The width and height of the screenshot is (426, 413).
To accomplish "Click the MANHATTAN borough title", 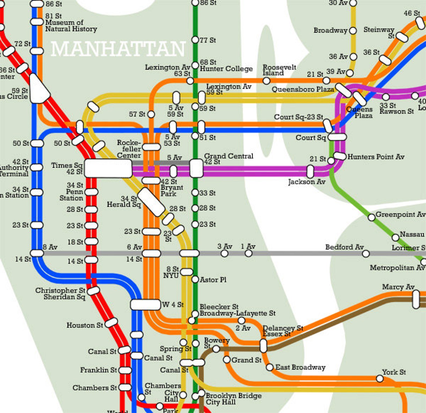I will tap(118, 49).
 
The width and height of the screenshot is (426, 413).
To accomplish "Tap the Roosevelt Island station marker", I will tap(266, 81).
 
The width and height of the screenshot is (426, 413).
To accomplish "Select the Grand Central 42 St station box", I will tap(196, 168).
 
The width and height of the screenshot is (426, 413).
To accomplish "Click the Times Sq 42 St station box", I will tap(108, 168).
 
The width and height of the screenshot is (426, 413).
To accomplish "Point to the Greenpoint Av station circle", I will tap(372, 217).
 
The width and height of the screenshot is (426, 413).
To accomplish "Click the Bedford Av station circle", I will tap(366, 253).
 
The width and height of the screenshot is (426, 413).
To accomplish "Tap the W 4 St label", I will tap(173, 305).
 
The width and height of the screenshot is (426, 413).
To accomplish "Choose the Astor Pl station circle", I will tap(195, 279).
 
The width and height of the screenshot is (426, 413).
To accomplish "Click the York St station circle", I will tap(380, 379).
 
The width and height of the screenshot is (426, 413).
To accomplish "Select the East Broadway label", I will tap(300, 367).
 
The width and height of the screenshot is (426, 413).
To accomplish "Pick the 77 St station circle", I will tap(195, 40).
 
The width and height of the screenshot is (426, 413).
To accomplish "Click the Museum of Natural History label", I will tap(71, 26).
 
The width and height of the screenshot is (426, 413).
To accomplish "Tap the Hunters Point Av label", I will tap(376, 157).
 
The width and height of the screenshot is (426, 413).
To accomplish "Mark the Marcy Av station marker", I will tap(416, 299).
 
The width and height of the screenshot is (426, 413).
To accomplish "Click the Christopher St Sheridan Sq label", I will tap(60, 294).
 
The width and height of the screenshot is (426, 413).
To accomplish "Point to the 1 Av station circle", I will tap(249, 253).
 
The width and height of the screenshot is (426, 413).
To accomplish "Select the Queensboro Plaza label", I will tap(303, 89).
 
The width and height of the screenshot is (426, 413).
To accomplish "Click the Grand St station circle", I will tap(227, 360).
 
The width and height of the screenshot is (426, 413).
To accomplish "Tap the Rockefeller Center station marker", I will tap(151, 147).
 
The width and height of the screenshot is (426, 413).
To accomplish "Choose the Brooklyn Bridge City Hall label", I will tap(233, 399).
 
